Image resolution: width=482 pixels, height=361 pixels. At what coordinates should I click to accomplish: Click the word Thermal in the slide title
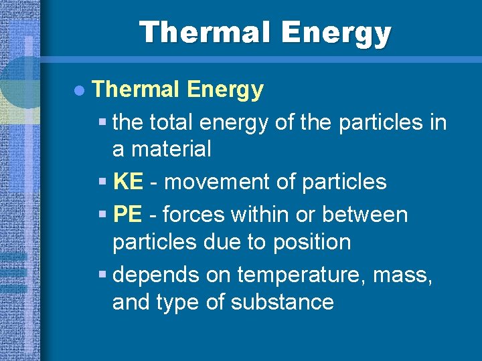coord(204,32)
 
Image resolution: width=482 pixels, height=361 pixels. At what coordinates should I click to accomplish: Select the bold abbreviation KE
coord(127,182)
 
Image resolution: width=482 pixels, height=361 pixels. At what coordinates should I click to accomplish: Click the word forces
coord(193,215)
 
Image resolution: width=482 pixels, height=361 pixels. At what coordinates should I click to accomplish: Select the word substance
coord(282,302)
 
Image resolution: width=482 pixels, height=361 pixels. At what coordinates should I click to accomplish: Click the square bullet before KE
coord(102,182)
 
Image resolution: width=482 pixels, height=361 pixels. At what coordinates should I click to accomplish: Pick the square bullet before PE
coord(102,215)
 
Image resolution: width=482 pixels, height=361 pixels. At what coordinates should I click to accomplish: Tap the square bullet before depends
coord(102,275)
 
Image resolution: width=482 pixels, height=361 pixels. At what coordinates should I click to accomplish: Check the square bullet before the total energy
coord(102,123)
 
